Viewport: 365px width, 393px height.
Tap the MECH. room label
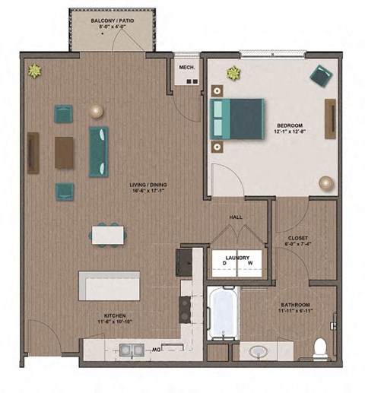coord(187,67)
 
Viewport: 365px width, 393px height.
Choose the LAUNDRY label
coord(237,258)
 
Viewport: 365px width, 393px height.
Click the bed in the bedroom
coord(237,119)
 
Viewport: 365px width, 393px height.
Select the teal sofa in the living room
coord(99,151)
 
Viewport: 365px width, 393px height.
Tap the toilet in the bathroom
coord(321,348)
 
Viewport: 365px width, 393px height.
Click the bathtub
coord(224,313)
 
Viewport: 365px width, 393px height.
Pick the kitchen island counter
coord(109,285)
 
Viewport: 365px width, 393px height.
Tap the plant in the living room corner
coord(34,71)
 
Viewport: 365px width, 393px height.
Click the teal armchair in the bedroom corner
coord(321,75)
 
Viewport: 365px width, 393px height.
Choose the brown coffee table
coord(65,152)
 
